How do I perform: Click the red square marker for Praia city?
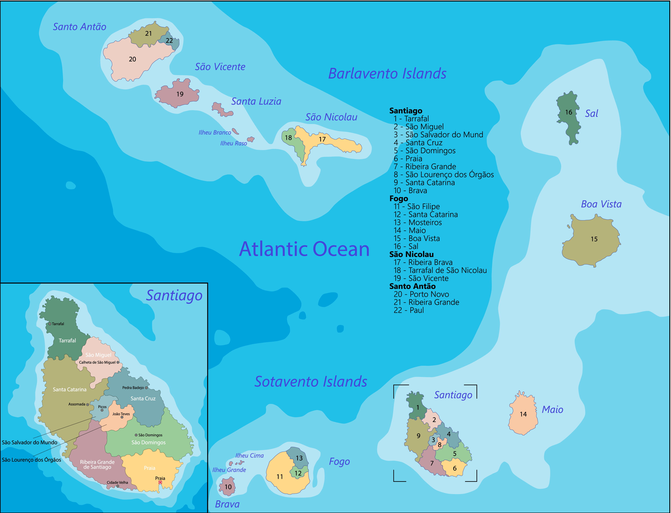(x=160, y=482)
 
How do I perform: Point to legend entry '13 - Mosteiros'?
(x=418, y=223)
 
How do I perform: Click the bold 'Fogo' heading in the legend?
(x=398, y=199)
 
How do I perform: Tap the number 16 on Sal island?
(x=568, y=112)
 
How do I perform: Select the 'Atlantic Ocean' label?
(x=304, y=249)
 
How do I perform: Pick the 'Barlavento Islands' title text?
(x=387, y=74)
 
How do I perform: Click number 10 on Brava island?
(x=228, y=487)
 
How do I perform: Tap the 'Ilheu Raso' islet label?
(x=233, y=143)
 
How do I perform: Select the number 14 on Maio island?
(x=523, y=414)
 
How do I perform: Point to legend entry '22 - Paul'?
(x=409, y=310)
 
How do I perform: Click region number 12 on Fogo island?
(x=298, y=473)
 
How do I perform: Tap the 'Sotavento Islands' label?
(x=311, y=382)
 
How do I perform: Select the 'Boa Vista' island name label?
(x=601, y=204)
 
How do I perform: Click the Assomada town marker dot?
(x=88, y=405)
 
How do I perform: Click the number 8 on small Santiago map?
(x=440, y=445)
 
